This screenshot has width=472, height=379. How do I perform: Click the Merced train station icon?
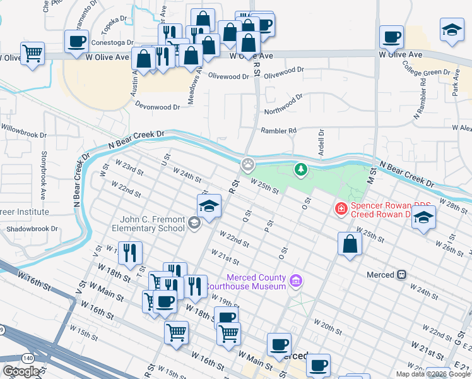click(x=401, y=275)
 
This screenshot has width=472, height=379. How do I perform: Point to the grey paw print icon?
click(x=248, y=165)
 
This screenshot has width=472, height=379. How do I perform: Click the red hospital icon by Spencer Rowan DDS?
click(x=341, y=207)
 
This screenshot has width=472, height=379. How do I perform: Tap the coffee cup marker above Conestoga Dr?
click(x=77, y=42)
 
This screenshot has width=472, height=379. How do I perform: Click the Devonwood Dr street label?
click(x=157, y=107)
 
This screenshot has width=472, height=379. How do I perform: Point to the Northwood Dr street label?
click(x=283, y=104)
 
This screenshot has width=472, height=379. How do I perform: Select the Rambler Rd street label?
click(x=278, y=131)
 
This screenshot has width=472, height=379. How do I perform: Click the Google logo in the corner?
click(x=21, y=371)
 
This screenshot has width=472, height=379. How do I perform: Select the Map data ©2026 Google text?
click(x=433, y=374)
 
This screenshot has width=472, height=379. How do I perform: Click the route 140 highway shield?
click(x=27, y=358)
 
